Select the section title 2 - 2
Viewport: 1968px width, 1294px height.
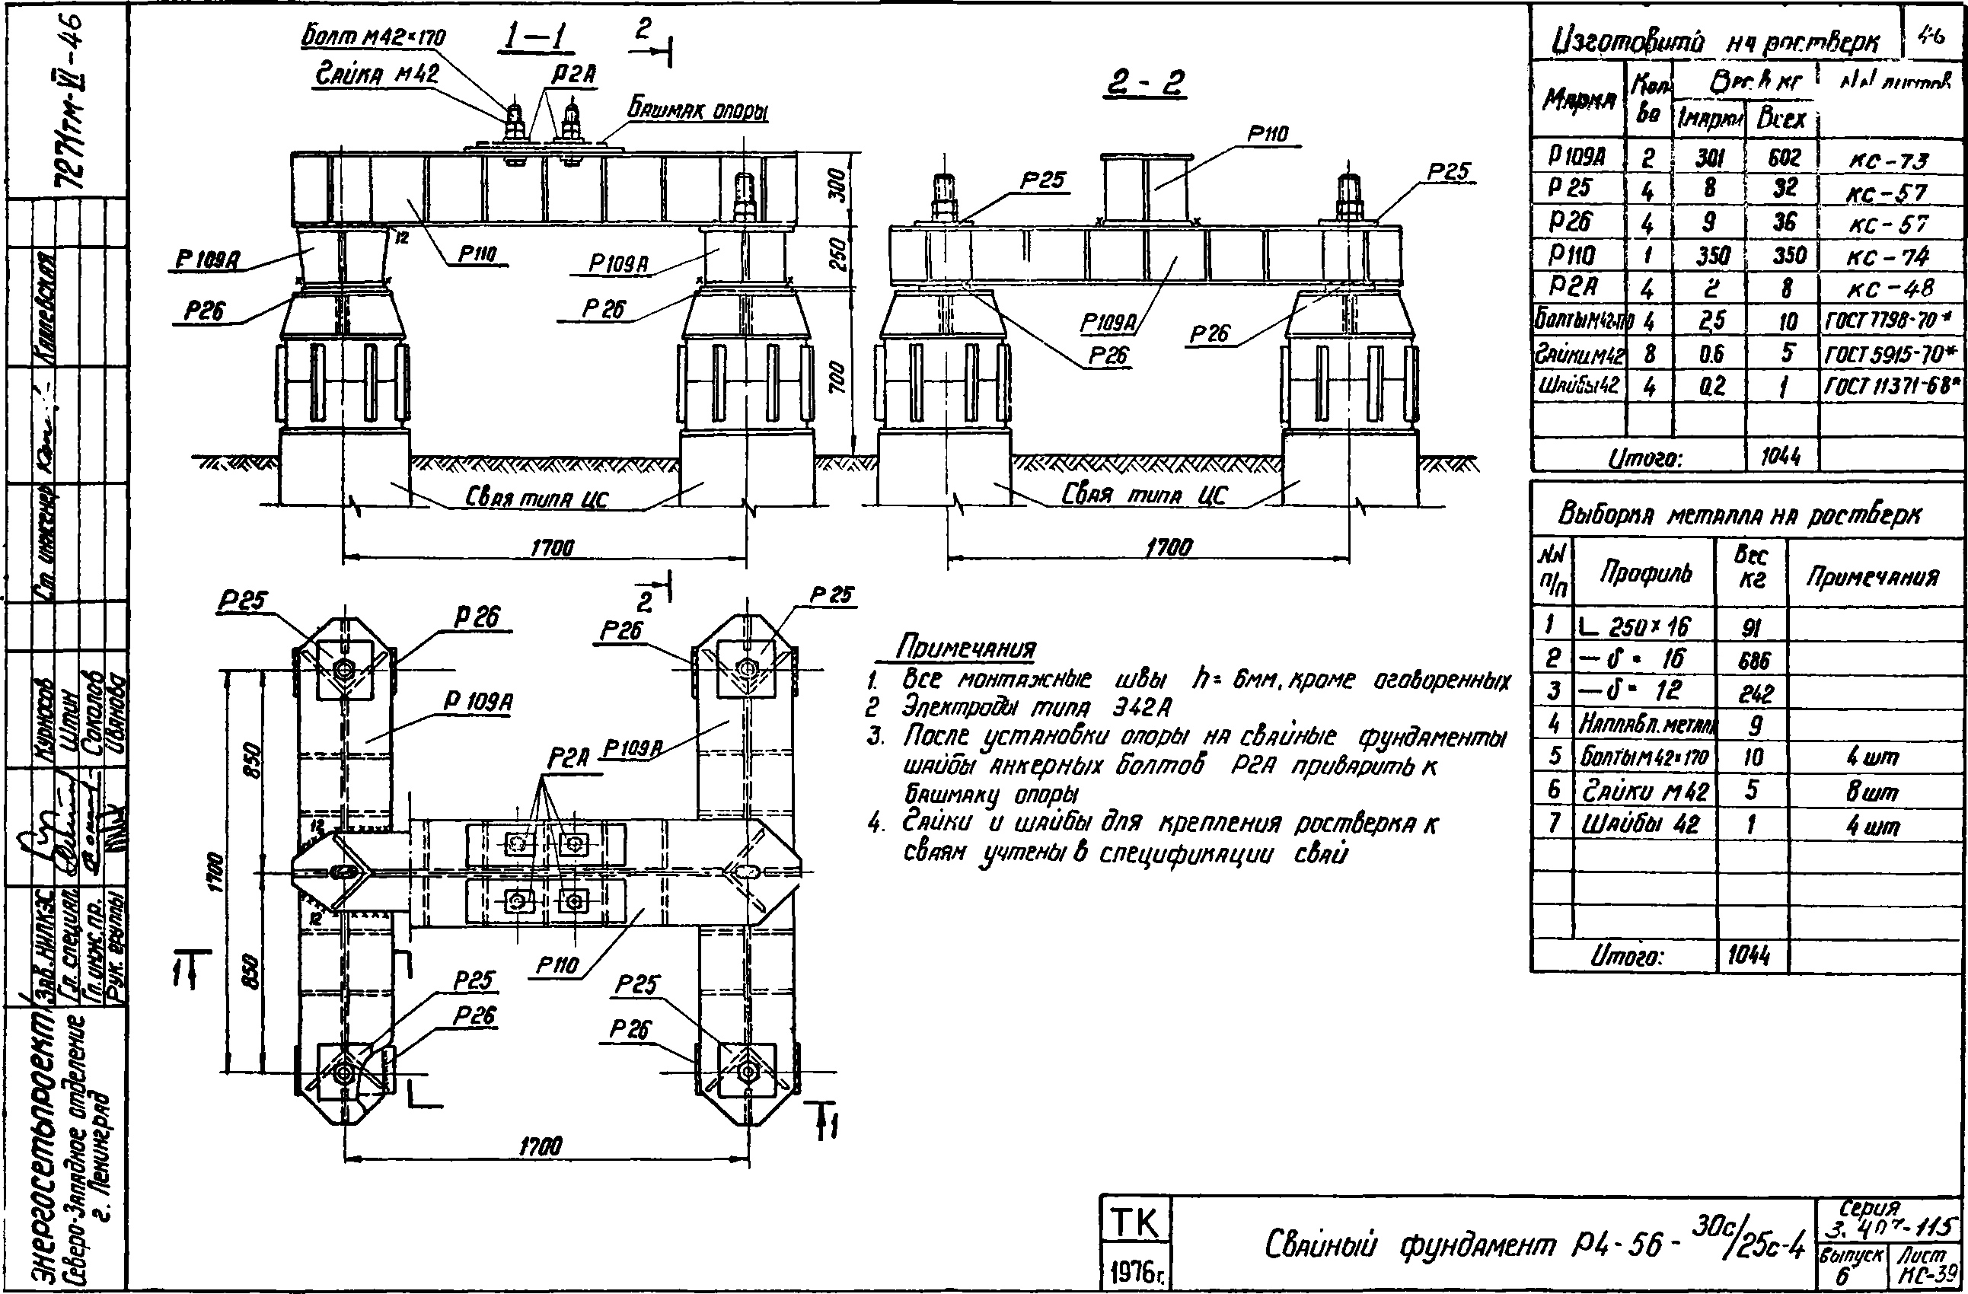[1144, 83]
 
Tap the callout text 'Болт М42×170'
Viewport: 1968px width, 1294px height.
[373, 37]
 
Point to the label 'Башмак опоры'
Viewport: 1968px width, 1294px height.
[698, 108]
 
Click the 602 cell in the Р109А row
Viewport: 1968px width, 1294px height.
[1785, 157]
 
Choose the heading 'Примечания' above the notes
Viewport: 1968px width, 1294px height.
[966, 648]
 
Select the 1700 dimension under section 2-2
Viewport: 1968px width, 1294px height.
[1169, 547]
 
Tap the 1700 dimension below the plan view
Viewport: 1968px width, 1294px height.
[541, 1145]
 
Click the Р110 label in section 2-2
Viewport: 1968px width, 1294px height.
[1268, 134]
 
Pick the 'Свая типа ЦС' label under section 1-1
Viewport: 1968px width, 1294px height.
[536, 497]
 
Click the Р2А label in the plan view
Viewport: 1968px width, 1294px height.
[567, 758]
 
